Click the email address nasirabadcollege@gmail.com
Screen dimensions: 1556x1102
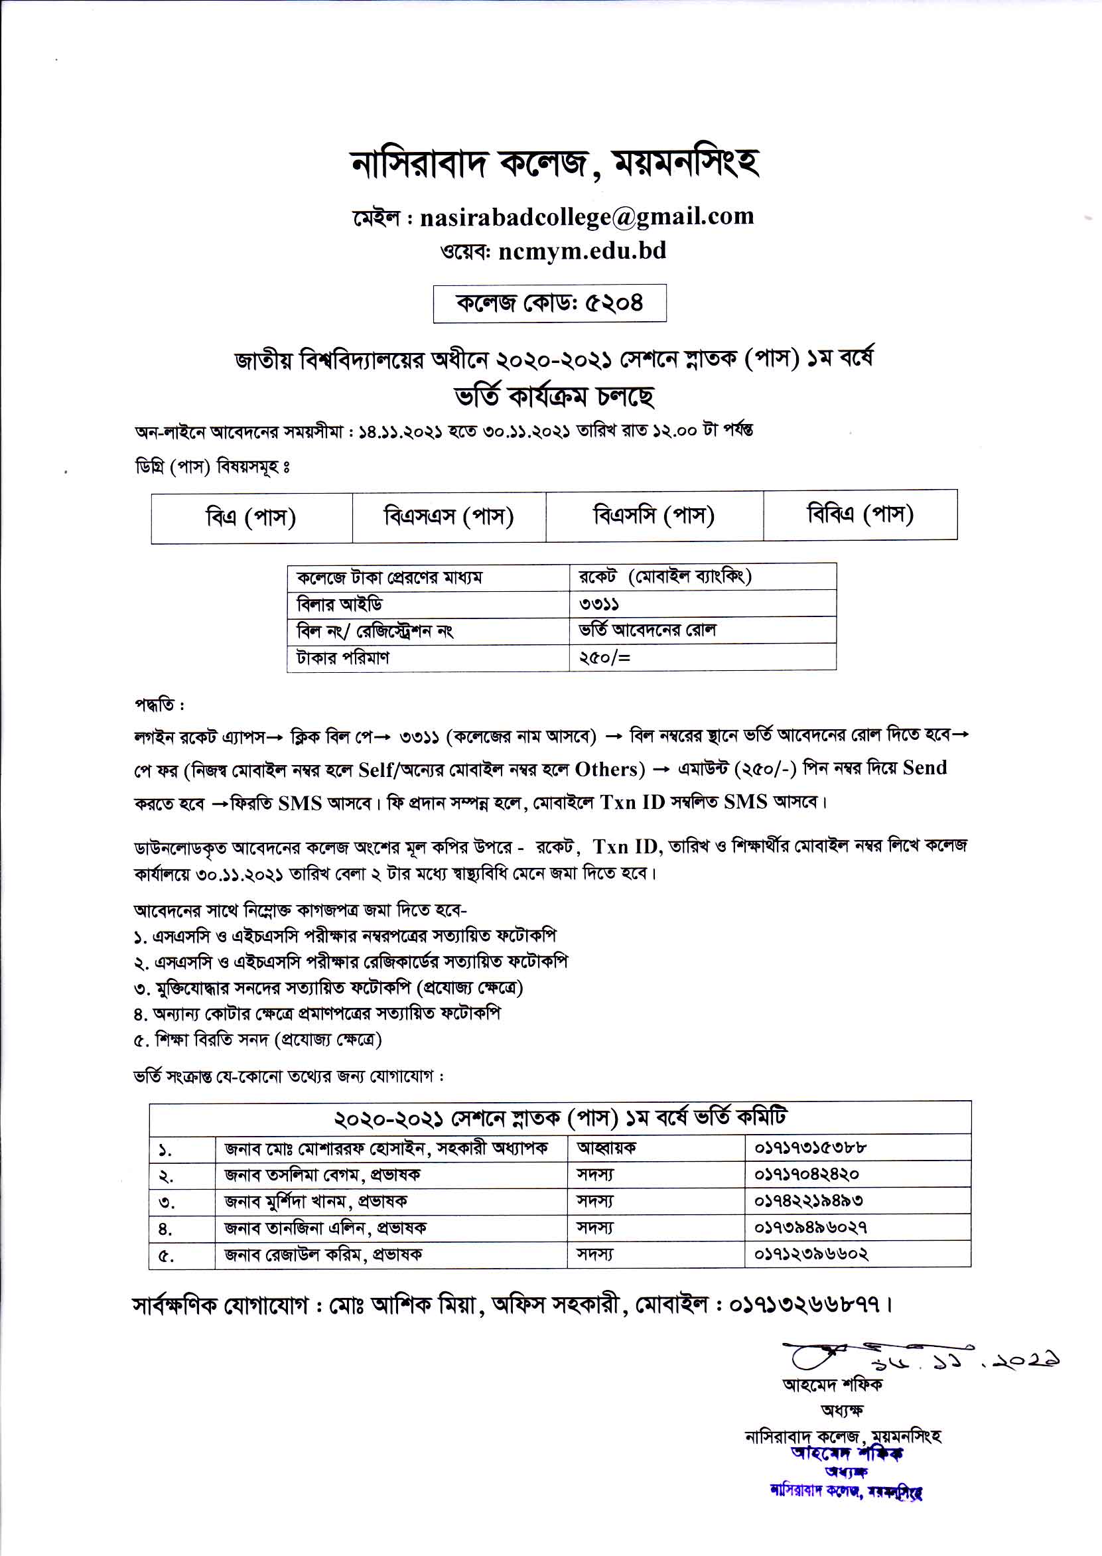(586, 216)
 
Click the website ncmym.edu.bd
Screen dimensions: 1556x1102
(582, 251)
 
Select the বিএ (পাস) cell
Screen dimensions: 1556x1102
(251, 517)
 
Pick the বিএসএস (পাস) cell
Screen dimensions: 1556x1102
(448, 516)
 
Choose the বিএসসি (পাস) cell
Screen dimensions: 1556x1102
(654, 515)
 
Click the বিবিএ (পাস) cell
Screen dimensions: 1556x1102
(860, 514)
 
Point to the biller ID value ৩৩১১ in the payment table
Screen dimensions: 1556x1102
(598, 603)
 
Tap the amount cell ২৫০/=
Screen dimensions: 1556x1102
(604, 657)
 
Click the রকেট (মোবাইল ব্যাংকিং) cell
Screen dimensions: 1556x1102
(664, 576)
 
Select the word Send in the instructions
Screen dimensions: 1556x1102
(924, 768)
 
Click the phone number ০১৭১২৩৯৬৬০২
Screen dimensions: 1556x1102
(811, 1254)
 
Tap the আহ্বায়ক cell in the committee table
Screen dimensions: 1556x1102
(606, 1147)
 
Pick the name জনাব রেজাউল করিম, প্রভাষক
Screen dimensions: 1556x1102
(323, 1254)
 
